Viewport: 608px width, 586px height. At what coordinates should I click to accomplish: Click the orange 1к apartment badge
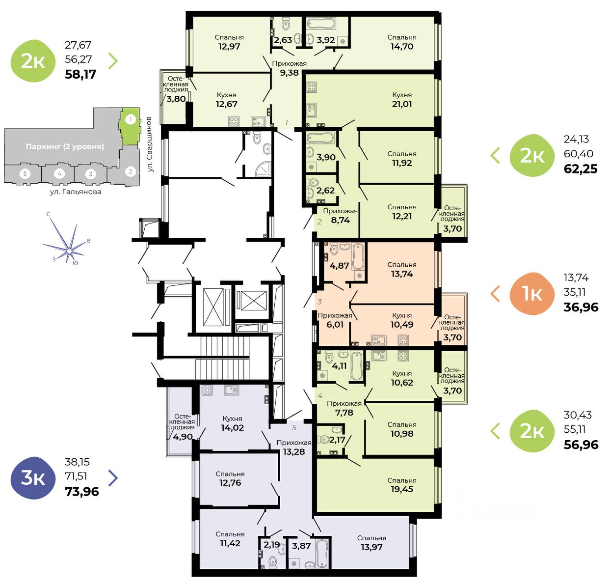(x=532, y=293)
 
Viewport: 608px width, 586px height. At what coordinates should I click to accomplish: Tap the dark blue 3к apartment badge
(x=33, y=477)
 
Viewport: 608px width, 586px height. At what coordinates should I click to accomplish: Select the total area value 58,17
(x=80, y=75)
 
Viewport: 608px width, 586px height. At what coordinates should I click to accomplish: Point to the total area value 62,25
(x=581, y=169)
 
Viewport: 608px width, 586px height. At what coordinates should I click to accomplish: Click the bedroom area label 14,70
(x=402, y=47)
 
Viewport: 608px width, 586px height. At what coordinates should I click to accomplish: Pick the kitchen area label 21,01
(x=402, y=104)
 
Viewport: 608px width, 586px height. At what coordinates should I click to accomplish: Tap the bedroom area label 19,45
(x=402, y=489)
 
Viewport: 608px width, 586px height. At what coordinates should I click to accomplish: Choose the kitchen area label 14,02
(x=232, y=428)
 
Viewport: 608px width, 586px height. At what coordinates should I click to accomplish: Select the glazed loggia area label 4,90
(x=183, y=437)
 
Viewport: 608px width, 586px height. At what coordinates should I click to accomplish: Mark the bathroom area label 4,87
(x=339, y=266)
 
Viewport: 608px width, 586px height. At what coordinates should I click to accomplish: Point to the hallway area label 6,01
(x=335, y=325)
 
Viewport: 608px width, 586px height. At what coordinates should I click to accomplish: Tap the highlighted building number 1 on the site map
(x=130, y=119)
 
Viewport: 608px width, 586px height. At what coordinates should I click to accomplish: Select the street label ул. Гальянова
(x=76, y=192)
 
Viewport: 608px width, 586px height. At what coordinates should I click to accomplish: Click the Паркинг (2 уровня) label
(x=65, y=146)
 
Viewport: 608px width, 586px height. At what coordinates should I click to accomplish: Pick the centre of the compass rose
(x=70, y=251)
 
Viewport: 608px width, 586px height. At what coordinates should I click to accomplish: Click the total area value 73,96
(x=82, y=491)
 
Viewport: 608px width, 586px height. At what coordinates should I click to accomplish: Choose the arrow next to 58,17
(x=113, y=60)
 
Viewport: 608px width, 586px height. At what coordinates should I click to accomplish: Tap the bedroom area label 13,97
(x=371, y=547)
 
